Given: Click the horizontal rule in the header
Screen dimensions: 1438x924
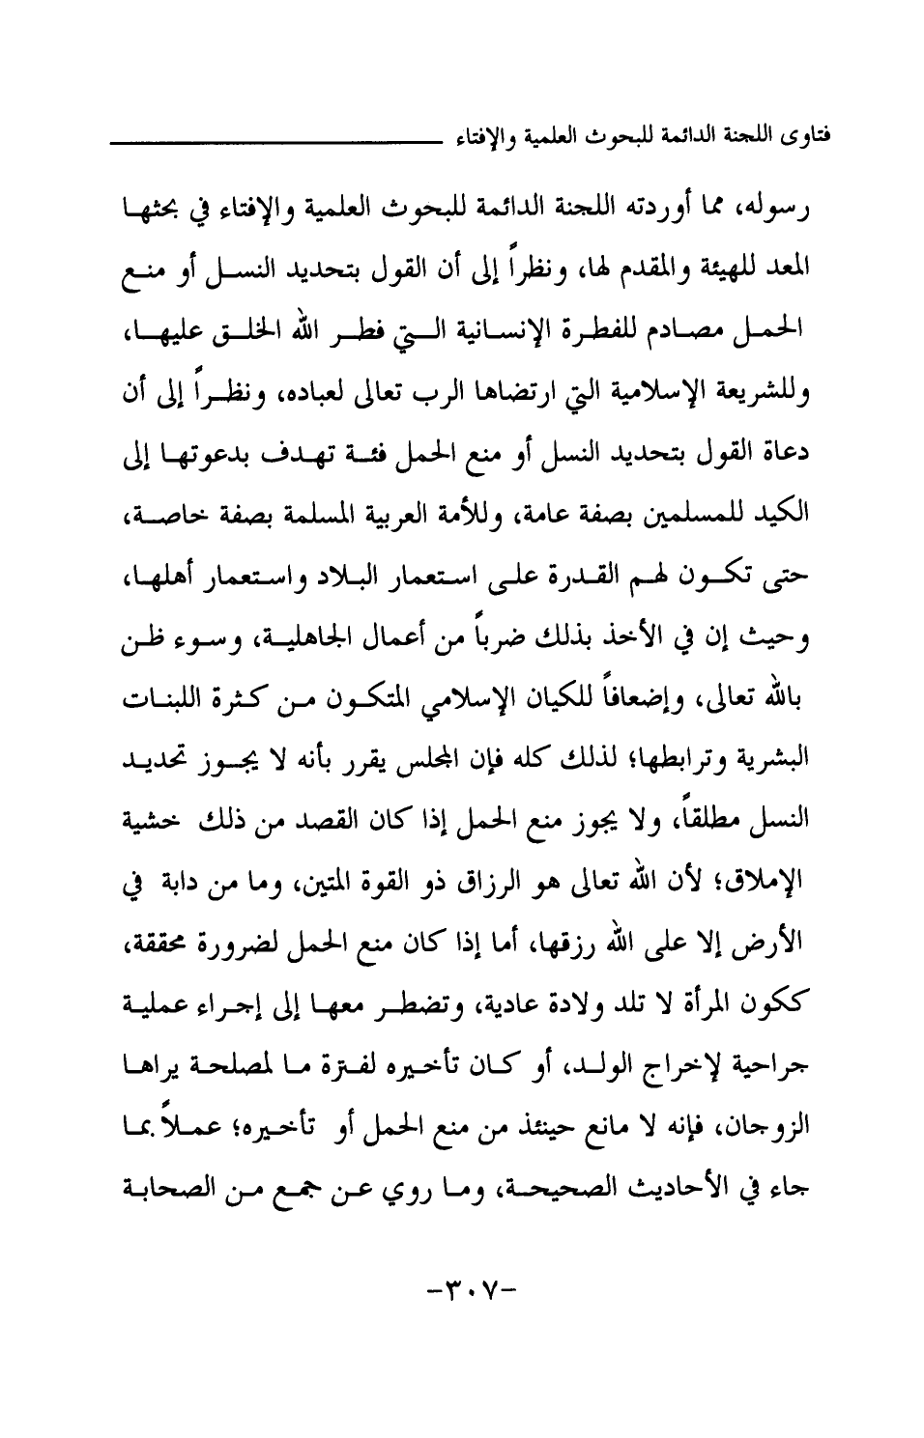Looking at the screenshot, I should click(279, 147).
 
